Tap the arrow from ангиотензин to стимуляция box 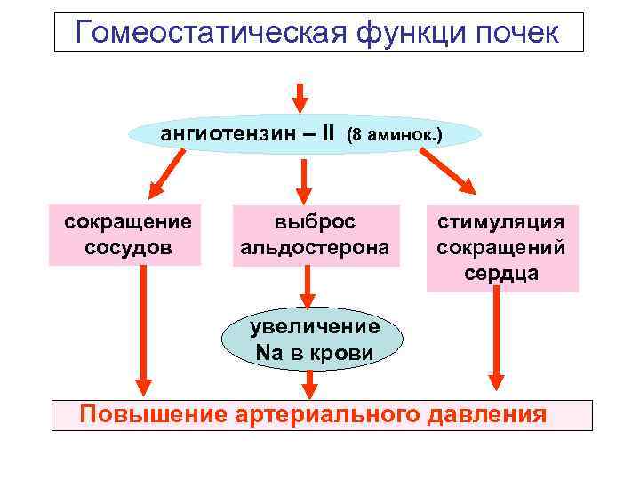tap(448, 171)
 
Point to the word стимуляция tap(501, 221)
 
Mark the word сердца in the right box tap(501, 272)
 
